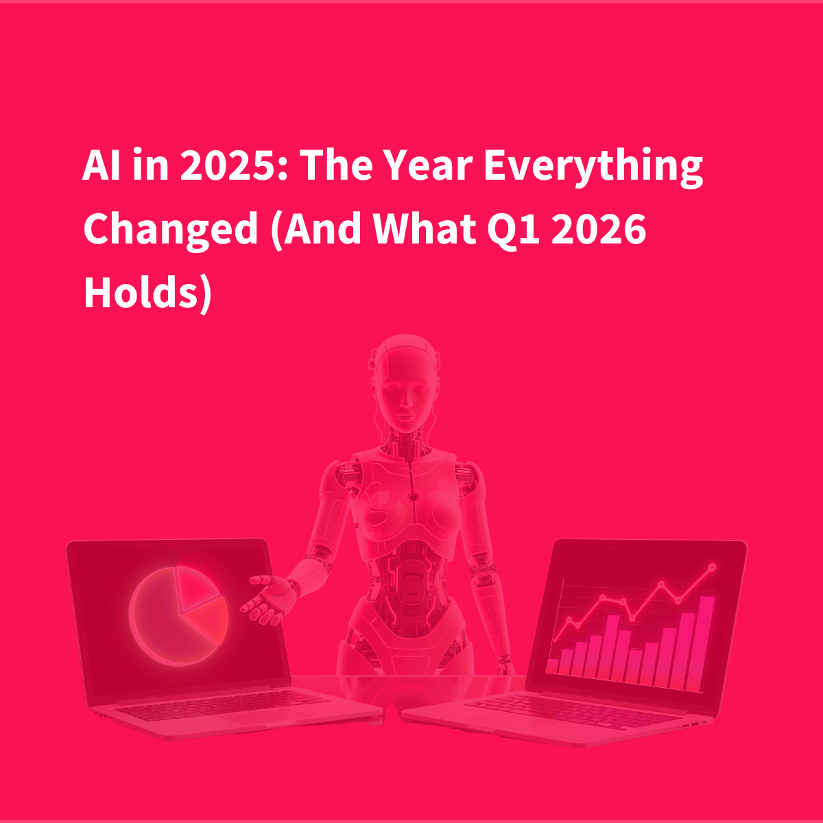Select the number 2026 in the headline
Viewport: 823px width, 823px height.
tap(599, 229)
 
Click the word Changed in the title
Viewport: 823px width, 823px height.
tap(170, 230)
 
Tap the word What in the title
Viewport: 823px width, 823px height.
tap(425, 229)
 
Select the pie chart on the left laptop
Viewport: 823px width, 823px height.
tap(179, 615)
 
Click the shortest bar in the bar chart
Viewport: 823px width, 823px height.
tap(552, 666)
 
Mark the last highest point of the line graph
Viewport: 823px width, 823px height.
tap(712, 566)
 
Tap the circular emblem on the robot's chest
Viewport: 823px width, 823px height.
tap(413, 497)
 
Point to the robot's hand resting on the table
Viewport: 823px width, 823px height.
tap(505, 665)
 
